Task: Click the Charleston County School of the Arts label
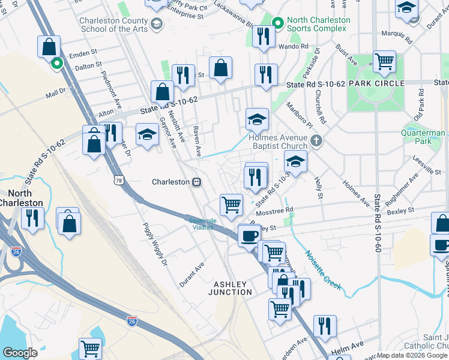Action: pyautogui.click(x=114, y=25)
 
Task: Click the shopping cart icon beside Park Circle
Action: pyautogui.click(x=384, y=61)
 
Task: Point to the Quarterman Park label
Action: pyautogui.click(x=425, y=137)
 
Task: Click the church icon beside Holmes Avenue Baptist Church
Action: pyautogui.click(x=318, y=142)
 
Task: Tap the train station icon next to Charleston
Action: pyautogui.click(x=196, y=182)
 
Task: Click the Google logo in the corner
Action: pyautogui.click(x=20, y=352)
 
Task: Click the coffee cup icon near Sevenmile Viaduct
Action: pyautogui.click(x=249, y=235)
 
